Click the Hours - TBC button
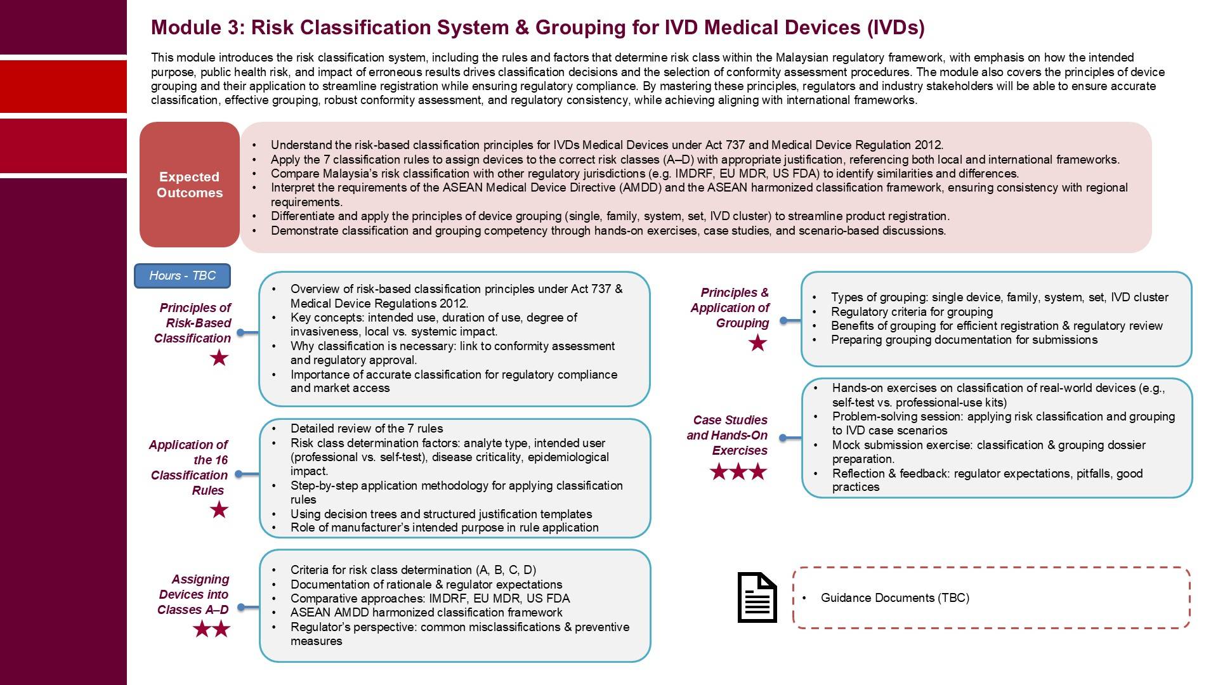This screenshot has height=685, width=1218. pos(182,276)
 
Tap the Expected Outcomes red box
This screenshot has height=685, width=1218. pos(190,185)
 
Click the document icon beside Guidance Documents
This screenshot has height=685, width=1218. pos(757,597)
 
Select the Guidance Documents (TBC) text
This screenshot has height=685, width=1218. pos(894,597)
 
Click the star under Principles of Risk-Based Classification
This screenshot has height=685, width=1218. pos(219,358)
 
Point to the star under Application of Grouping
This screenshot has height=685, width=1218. pos(757,343)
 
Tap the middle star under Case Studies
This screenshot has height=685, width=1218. pos(738,472)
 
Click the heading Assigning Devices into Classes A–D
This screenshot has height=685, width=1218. pos(194,594)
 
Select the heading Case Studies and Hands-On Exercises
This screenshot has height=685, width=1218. pos(728,435)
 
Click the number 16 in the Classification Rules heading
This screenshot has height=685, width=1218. pos(219,460)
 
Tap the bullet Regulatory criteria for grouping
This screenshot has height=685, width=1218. pos(912,311)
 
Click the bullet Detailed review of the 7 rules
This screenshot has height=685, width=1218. pos(367,429)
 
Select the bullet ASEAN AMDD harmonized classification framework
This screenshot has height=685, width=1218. pos(426,613)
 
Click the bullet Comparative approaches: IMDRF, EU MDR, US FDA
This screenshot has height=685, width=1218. pos(430,598)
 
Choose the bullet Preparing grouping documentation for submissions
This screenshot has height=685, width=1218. pos(964,340)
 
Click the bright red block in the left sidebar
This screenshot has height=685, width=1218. pos(63,86)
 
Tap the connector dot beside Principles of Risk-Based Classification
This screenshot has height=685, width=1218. pos(240,332)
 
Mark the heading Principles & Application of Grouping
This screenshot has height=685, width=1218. pos(731,308)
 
